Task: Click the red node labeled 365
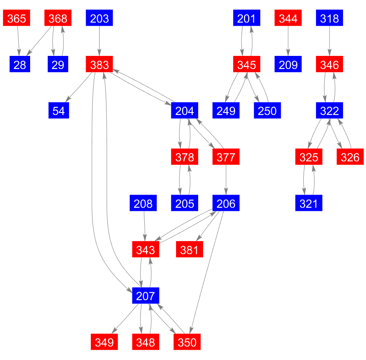[x=17, y=18]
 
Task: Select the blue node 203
[x=99, y=18]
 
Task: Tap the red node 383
[x=99, y=64]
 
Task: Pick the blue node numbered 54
[x=59, y=110]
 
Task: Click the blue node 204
[x=184, y=110]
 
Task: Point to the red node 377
[x=226, y=157]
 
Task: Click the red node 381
[x=189, y=249]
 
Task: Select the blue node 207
[x=146, y=295]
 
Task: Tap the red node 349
[x=104, y=342]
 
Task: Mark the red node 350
[x=187, y=342]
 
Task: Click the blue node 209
[x=288, y=64]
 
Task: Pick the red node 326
[x=350, y=157]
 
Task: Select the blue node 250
[x=267, y=110]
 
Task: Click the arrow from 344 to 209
[x=288, y=41]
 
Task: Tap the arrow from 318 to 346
[x=330, y=41]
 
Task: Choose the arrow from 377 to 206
[x=226, y=180]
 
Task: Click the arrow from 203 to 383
[x=99, y=41]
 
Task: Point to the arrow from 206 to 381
[x=208, y=226]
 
